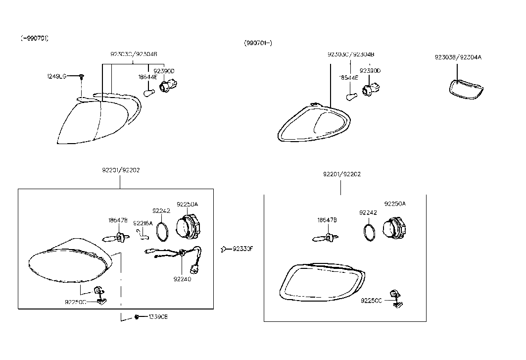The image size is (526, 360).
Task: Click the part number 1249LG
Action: tap(56, 76)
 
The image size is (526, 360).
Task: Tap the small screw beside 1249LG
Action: tap(81, 76)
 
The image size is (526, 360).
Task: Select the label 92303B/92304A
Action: tap(458, 57)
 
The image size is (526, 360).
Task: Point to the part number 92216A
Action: tap(143, 223)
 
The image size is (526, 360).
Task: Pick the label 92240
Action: tap(182, 279)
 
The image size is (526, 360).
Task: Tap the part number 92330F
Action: tap(242, 249)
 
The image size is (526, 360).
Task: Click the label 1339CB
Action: tap(158, 317)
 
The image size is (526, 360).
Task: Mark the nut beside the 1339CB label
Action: tap(137, 317)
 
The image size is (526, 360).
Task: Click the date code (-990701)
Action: tap(35, 38)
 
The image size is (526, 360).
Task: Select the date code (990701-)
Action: tap(258, 43)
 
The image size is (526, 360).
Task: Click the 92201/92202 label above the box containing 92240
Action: tap(121, 170)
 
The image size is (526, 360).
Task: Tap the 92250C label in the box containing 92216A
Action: tap(76, 302)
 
